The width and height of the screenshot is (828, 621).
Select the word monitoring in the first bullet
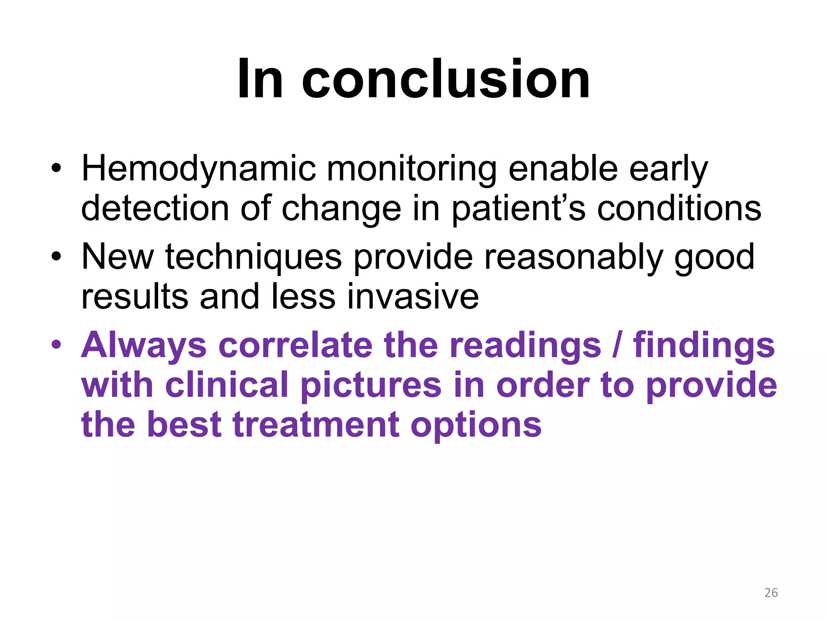tap(412, 169)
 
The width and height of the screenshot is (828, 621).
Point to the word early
tap(668, 169)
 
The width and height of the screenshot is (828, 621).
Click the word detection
tap(155, 208)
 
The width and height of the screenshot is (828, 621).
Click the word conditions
tap(679, 208)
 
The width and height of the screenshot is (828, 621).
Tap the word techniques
tap(253, 257)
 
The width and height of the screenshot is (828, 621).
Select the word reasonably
tap(574, 257)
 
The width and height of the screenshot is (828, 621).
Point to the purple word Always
tap(144, 346)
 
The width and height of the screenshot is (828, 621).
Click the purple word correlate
tap(296, 346)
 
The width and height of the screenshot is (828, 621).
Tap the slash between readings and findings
tap(616, 346)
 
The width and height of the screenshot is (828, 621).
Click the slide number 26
tap(771, 593)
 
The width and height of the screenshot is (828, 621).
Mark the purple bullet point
tap(56, 345)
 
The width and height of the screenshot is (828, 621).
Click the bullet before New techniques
tap(56, 256)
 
